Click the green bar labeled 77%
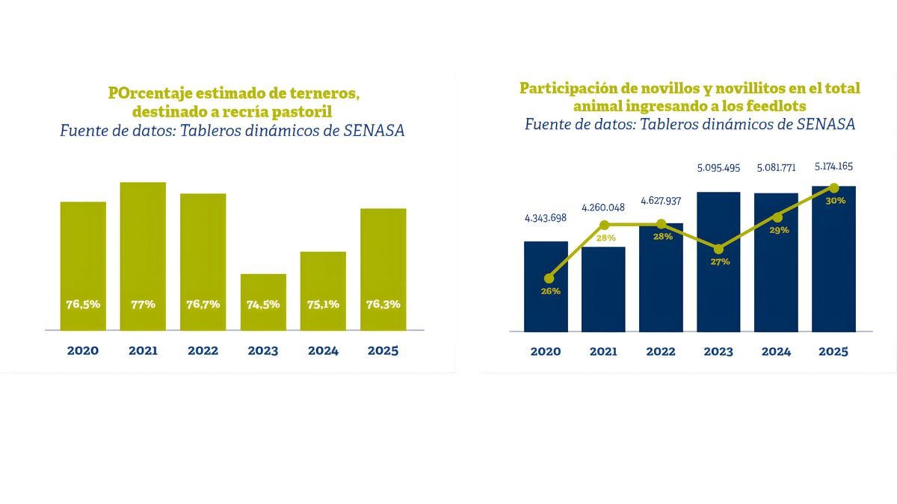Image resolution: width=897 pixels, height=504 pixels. coord(143,246)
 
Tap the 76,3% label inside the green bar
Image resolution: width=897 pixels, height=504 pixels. coord(383,304)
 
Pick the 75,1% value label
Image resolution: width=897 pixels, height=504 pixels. coord(323,304)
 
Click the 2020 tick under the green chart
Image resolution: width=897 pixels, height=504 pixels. coord(83,351)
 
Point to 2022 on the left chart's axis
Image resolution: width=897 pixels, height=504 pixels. coord(203,351)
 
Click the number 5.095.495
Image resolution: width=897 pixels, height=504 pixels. coord(718,168)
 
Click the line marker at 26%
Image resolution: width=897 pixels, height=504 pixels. coord(550,278)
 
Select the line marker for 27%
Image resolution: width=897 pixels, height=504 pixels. coord(718,249)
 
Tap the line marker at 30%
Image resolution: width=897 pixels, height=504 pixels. coord(834,188)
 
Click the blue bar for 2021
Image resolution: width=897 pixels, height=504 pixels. coord(603,291)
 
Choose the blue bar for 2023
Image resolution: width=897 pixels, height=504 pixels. coord(718,291)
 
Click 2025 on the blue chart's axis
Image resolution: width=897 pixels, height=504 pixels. coord(833,352)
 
